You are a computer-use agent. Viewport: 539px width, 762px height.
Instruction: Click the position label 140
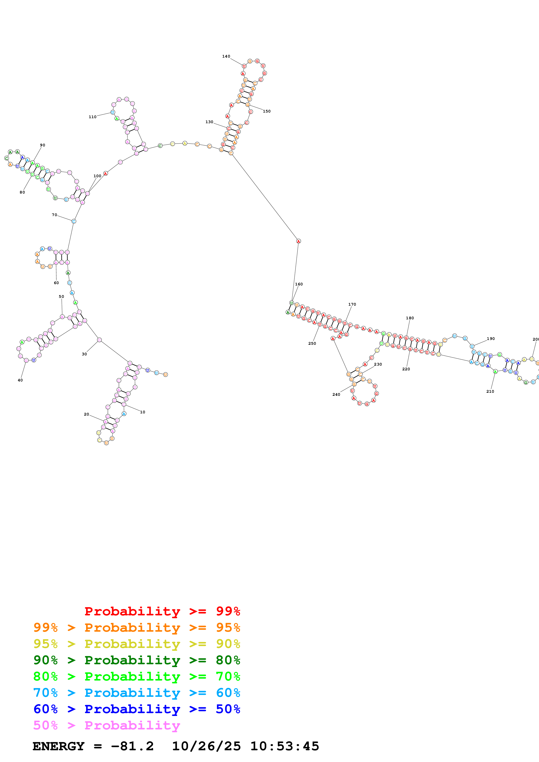point(226,56)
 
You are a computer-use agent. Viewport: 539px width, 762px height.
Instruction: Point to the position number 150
point(267,111)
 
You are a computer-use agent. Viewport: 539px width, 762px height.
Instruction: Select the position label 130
point(209,122)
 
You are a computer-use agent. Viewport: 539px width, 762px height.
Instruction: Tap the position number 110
point(92,117)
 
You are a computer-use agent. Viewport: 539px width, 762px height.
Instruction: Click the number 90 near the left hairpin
point(43,145)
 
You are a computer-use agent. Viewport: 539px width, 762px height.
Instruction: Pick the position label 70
point(54,215)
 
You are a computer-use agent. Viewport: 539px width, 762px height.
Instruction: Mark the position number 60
point(57,283)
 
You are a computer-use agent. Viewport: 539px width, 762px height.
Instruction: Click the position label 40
point(20,380)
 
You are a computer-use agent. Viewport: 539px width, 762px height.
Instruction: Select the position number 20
point(86,414)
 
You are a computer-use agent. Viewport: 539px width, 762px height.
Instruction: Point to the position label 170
point(352,304)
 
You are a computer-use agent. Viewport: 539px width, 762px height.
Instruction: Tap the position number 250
point(312,343)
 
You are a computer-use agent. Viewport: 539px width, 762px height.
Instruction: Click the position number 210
point(490,391)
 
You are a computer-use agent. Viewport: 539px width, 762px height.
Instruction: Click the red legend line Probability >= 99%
point(162,611)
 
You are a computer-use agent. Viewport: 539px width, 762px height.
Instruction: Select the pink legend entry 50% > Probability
point(107,725)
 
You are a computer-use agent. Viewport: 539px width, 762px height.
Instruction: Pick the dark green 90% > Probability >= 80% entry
point(137,660)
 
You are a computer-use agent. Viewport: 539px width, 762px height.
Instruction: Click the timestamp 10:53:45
point(285,746)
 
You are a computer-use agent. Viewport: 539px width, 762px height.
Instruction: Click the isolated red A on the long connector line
point(298,241)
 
